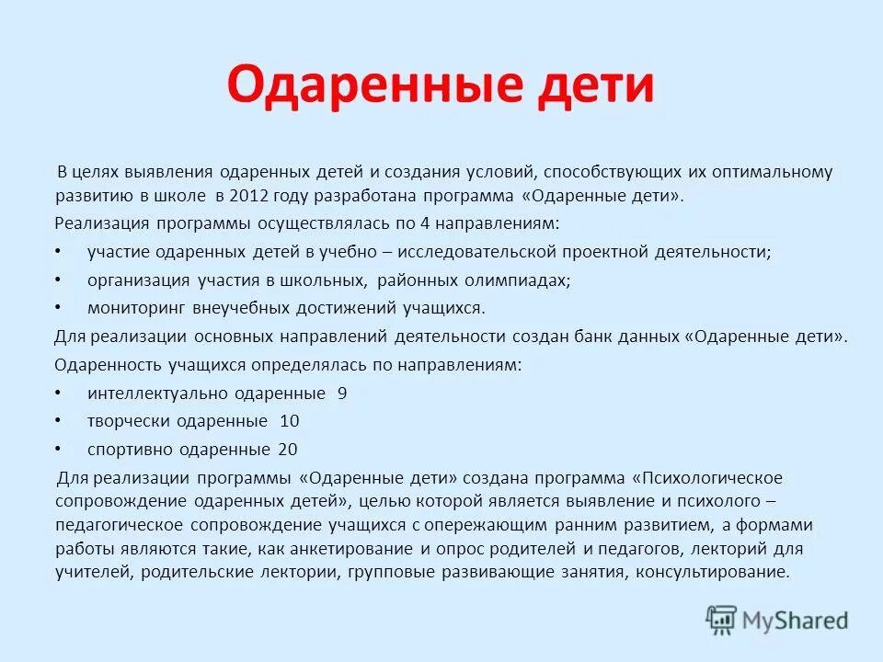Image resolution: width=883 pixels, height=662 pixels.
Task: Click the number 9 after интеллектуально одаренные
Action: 342,394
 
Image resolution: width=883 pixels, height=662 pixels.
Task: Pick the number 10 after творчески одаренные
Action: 289,421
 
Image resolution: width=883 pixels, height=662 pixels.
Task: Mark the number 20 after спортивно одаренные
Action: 287,450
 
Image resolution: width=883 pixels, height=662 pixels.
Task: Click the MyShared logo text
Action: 796,621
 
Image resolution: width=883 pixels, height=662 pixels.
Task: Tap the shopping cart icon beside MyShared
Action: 721,620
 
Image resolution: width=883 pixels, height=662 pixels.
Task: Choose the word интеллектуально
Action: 153,394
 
